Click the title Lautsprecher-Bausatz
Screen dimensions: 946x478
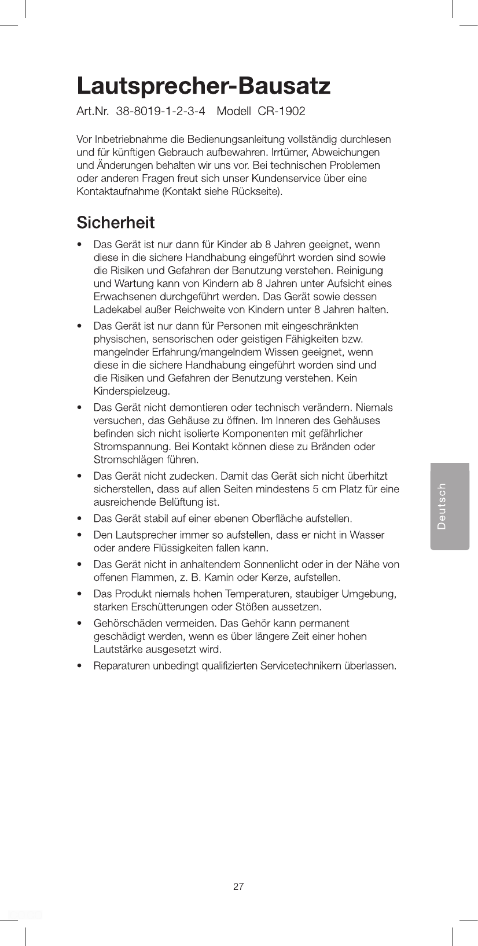click(203, 87)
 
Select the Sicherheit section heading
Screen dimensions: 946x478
click(115, 223)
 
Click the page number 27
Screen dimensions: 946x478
click(238, 886)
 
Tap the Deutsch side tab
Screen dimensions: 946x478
click(450, 506)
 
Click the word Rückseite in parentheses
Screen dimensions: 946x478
click(258, 192)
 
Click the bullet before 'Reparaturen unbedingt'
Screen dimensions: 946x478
click(80, 666)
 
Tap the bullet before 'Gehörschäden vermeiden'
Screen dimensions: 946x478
click(80, 624)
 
